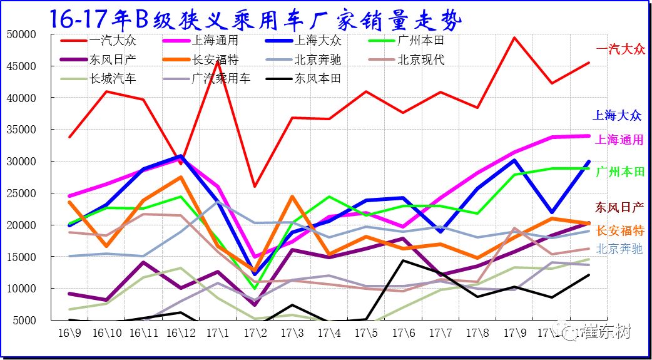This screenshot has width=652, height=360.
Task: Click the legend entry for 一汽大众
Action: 113,41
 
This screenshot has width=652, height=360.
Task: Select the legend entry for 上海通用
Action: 216,41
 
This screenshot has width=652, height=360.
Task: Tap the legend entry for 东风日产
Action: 113,60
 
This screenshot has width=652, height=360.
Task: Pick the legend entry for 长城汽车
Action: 113,79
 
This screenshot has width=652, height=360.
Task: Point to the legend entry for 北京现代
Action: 420,60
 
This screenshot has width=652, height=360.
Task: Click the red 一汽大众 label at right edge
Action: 620,49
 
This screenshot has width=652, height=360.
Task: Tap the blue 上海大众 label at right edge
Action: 618,115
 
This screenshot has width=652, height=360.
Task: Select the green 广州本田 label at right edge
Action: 619,172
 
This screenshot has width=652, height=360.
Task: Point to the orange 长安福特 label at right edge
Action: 620,230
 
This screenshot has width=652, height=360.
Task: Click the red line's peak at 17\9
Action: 514,38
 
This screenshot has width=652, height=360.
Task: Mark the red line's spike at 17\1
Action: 217,61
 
